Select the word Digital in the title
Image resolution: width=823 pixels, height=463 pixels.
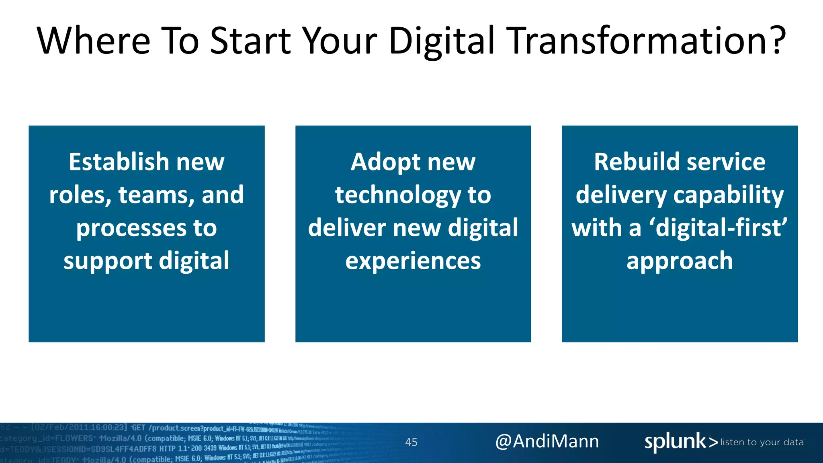(x=441, y=41)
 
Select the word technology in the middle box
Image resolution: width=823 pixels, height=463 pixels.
(x=398, y=196)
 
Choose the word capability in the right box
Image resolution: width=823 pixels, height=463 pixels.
(x=728, y=196)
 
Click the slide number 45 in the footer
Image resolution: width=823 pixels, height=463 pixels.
(x=411, y=442)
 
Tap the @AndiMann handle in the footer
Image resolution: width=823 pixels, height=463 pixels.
(x=547, y=441)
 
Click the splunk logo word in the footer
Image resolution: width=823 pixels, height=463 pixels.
(x=675, y=442)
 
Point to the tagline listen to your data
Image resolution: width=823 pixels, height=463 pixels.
(x=762, y=442)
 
